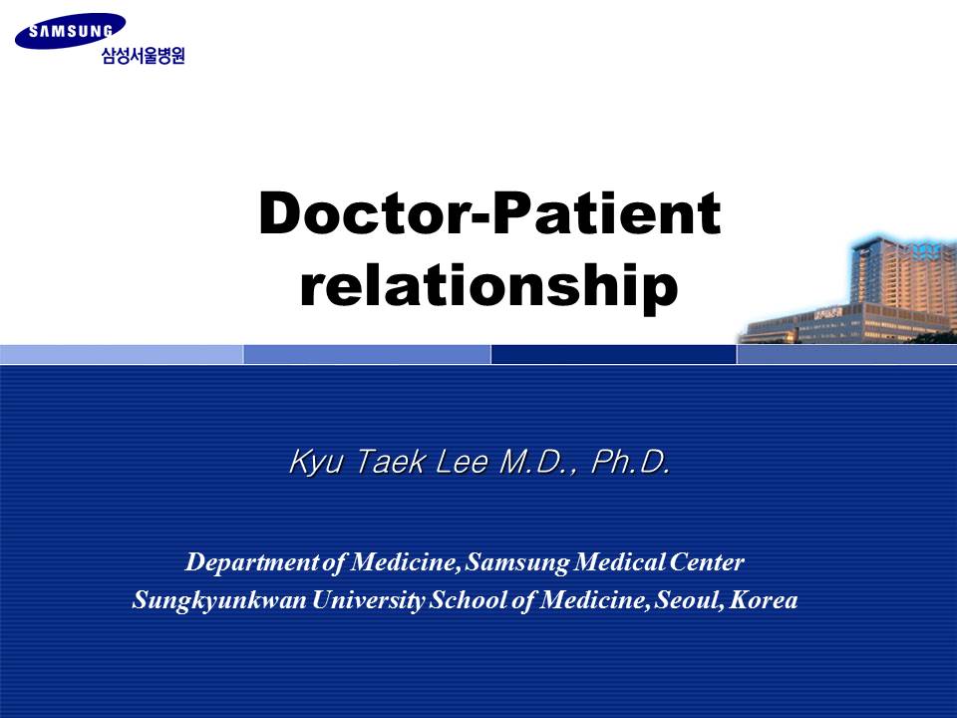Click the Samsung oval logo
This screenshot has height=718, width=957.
(x=70, y=31)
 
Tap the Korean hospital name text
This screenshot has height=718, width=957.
(x=143, y=56)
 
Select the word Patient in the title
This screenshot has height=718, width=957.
(x=606, y=212)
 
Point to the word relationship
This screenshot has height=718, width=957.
(x=488, y=285)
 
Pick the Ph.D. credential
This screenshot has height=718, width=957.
(x=631, y=461)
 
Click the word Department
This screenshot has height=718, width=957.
(x=252, y=562)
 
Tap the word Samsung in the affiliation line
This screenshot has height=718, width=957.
(x=516, y=562)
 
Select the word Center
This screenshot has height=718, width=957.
(x=706, y=561)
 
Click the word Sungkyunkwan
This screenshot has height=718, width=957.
(x=219, y=600)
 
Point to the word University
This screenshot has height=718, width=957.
(x=368, y=600)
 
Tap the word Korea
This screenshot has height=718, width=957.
(x=763, y=599)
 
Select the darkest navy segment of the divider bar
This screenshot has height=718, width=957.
(x=613, y=354)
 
